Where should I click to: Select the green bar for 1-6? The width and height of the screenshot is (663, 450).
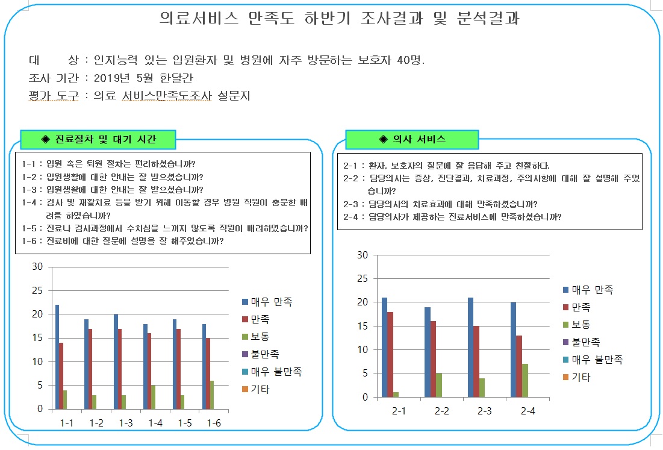pos(213,395)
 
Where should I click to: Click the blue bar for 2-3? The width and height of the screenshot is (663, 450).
pos(470,348)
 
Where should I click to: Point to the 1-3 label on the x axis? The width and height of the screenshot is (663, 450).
pos(125,423)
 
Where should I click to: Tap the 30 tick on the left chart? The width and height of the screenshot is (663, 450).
pos(37,267)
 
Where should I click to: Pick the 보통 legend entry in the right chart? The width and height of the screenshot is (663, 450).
pos(583,325)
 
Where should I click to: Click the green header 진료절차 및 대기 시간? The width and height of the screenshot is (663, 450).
pos(98,140)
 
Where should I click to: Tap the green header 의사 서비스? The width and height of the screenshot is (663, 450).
pos(412,140)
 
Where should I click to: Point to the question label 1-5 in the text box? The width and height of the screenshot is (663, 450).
pos(29,228)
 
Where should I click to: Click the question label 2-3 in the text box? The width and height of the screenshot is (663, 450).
pos(350,204)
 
